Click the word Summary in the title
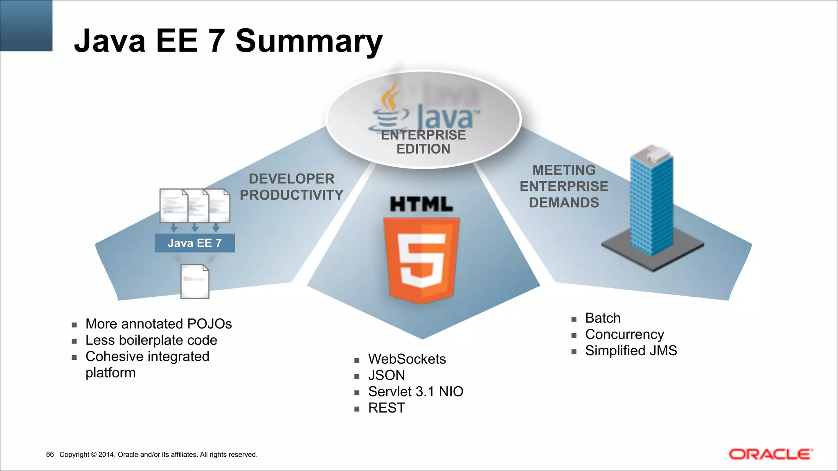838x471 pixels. (x=309, y=41)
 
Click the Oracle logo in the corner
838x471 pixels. (x=770, y=454)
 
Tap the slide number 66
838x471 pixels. (x=50, y=454)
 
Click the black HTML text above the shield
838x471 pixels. (x=421, y=204)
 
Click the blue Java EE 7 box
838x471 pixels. (x=195, y=243)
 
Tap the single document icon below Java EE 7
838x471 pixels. (x=195, y=281)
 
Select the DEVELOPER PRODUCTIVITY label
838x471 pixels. (x=291, y=187)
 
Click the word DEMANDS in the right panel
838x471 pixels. (x=564, y=203)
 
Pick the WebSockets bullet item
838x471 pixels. (x=407, y=359)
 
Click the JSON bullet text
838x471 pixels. (x=386, y=375)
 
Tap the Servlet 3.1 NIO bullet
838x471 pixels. (x=415, y=392)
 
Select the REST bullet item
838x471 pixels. (x=386, y=408)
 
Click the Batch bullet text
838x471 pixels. (x=603, y=318)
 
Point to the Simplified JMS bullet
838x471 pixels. (x=631, y=351)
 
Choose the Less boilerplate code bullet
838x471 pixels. (x=151, y=340)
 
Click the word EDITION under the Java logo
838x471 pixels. (x=423, y=149)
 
